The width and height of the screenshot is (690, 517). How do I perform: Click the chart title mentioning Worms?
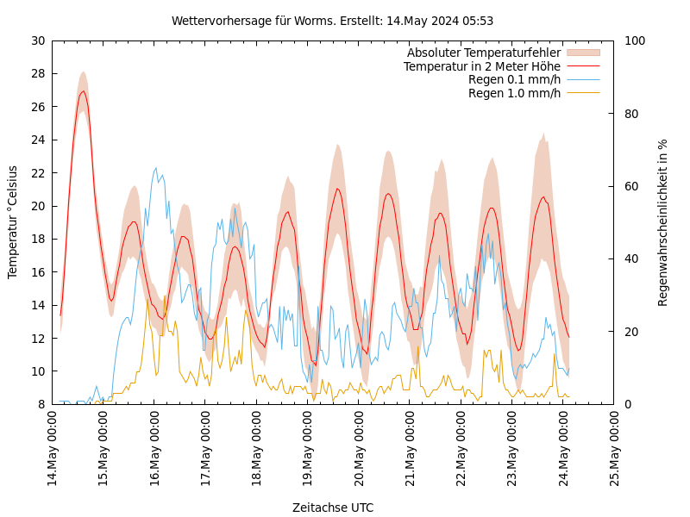click(x=332, y=21)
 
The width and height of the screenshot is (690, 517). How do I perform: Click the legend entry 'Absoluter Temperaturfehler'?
click(x=483, y=53)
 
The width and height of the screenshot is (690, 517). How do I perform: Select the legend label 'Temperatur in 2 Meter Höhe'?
click(x=481, y=66)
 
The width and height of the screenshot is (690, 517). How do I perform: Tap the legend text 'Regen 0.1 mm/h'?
click(x=514, y=79)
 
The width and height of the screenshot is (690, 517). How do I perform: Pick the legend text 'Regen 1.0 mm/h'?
click(x=514, y=93)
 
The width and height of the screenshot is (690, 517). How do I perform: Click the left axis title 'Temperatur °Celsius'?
click(x=13, y=221)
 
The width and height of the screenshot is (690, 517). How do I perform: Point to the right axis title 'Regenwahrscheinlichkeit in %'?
click(x=662, y=222)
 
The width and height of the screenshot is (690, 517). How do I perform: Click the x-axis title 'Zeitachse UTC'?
click(x=333, y=508)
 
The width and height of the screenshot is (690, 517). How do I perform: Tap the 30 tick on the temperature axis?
click(x=38, y=40)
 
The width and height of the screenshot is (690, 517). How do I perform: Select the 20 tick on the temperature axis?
click(x=38, y=206)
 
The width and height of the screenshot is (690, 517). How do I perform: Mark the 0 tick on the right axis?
click(x=626, y=404)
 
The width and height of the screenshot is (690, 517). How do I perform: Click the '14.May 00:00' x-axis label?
click(x=53, y=448)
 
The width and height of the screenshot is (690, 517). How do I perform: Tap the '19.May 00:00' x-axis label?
click(x=308, y=448)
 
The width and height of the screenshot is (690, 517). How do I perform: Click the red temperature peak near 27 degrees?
click(x=83, y=91)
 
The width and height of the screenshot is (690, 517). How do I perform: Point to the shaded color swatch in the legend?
click(x=582, y=53)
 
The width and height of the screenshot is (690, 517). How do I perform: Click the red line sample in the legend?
click(x=582, y=66)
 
